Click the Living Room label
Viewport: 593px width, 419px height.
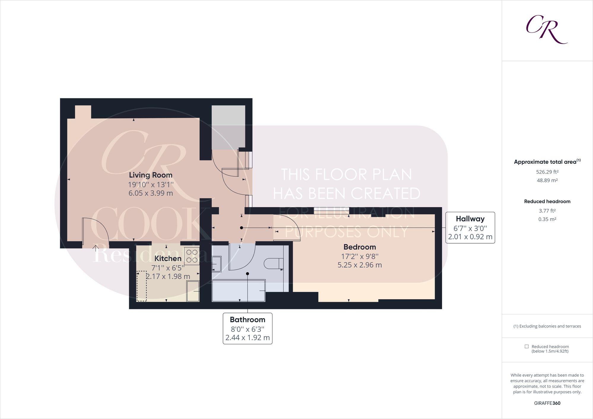coord(151,175)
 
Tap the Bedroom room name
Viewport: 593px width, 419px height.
coord(359,247)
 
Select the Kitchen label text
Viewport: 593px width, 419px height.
coord(168,258)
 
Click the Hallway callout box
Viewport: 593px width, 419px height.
coord(470,228)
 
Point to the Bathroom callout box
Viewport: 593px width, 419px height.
coord(248,328)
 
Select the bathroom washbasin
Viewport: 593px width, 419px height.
coord(216,264)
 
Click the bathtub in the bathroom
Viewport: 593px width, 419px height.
coord(238,290)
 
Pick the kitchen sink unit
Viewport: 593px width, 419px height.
coord(193,292)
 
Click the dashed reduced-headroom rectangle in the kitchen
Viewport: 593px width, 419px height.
coord(142,286)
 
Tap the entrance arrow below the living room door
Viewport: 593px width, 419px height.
coord(96,248)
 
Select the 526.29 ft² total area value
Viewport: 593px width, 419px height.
coord(547,172)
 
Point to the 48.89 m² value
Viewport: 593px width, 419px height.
coord(547,180)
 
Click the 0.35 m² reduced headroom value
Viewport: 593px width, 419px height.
coord(547,220)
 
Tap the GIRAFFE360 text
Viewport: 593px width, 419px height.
coord(547,403)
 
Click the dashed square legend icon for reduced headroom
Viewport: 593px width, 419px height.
coord(526,346)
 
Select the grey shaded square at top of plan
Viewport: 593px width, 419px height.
coord(228,127)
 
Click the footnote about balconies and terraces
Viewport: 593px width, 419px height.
coord(547,326)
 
